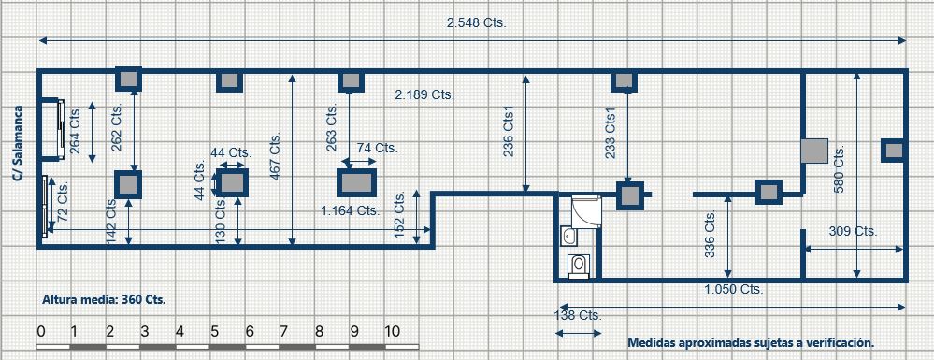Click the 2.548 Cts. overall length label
(476, 23)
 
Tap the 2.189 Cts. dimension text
(424, 94)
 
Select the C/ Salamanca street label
(18, 143)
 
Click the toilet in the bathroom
(578, 265)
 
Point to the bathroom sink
(568, 238)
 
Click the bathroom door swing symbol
(586, 210)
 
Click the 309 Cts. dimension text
(853, 231)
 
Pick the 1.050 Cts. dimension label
(734, 290)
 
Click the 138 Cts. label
(578, 315)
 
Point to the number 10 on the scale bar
(393, 331)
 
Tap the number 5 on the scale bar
(214, 331)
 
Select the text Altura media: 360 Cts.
(104, 299)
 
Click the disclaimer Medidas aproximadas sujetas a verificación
(751, 343)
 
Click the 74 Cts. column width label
(377, 148)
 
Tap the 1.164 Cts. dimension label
(351, 210)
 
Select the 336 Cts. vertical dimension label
(710, 234)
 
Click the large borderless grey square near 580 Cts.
(814, 151)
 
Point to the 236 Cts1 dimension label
(509, 132)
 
